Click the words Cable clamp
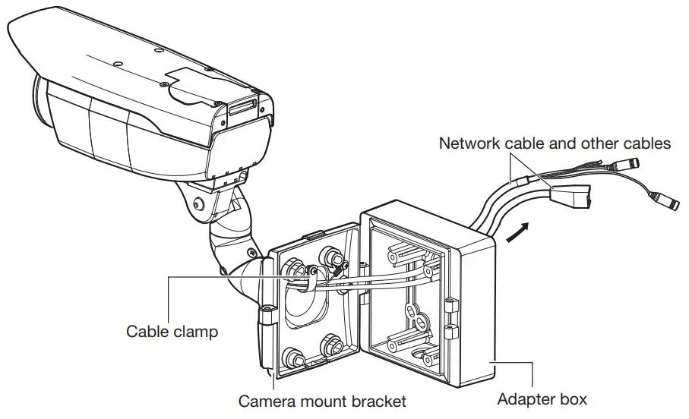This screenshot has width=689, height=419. point(172,331)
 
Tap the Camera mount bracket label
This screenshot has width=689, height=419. point(323,400)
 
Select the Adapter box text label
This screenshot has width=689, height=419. point(542,398)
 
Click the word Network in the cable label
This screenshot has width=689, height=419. point(470,143)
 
